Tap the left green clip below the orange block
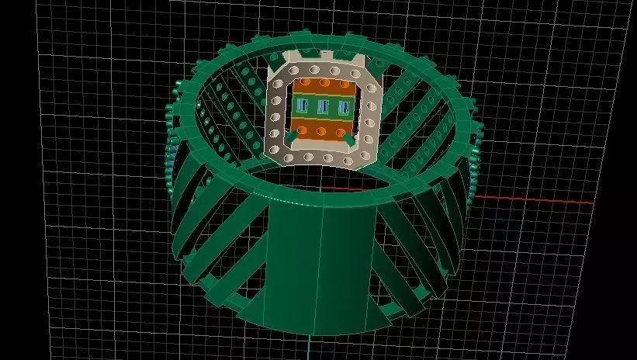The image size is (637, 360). (291, 138)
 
